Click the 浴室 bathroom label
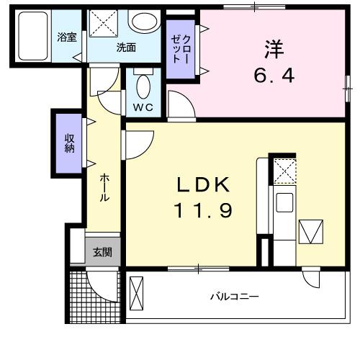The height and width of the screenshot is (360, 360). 67,37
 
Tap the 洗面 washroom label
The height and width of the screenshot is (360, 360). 127,48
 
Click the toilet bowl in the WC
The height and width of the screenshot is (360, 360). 143,86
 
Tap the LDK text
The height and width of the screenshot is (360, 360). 205,186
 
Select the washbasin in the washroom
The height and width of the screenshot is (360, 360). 144,22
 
